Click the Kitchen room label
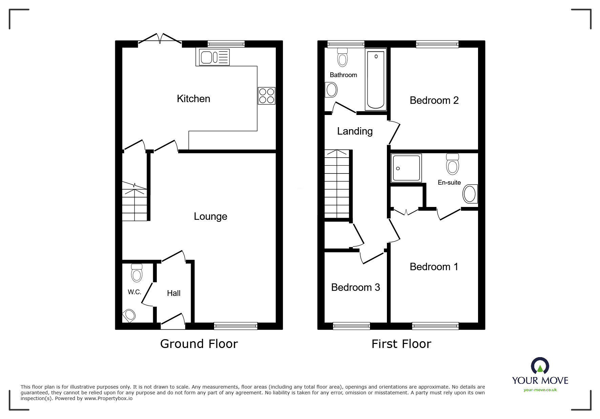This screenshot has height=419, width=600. pos(193,99)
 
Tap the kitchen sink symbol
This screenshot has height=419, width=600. pos(212,57)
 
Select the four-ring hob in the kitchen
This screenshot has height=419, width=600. pos(267,96)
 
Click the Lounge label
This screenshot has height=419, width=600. pos(210,216)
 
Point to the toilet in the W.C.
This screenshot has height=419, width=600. pos(137,273)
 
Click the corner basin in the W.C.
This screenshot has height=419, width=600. pos(129,316)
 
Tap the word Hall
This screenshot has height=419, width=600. pos(173,293)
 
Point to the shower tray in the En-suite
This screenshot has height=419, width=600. pos(406,168)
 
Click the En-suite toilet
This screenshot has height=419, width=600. pos(452,164)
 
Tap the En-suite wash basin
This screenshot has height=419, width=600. pos(470,194)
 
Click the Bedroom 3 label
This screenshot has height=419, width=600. pos(355,287)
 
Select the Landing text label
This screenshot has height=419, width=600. pos(355,131)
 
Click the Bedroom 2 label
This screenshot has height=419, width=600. pos(434,100)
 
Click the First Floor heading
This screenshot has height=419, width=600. pos(401,344)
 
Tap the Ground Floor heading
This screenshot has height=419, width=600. pos(199,344)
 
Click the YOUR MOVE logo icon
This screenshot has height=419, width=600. pos(540,366)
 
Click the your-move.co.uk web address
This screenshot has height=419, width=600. pos(540,390)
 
